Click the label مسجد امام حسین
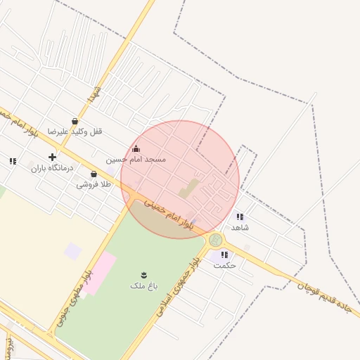point(136,160)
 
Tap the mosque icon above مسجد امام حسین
point(136,149)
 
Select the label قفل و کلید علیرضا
point(75,131)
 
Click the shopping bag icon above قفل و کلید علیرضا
point(75,121)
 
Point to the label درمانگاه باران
point(47,168)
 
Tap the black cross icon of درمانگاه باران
point(51,157)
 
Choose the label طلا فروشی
point(94,184)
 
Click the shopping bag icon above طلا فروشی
point(94,174)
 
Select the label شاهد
point(240,227)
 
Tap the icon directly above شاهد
point(240,217)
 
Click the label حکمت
point(225,265)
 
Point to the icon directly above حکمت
point(224,255)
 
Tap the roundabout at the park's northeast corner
point(216,240)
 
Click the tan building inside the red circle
point(188,188)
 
